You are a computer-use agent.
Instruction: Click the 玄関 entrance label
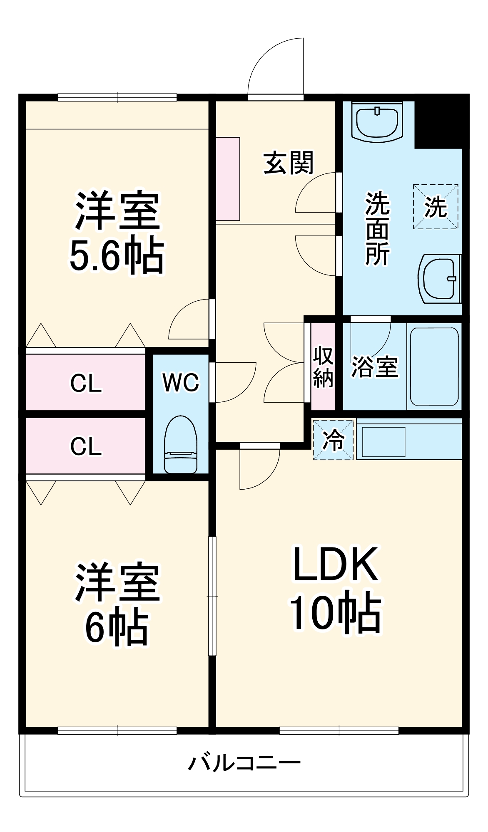(x=288, y=163)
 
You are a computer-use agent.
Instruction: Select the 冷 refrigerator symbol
(x=334, y=440)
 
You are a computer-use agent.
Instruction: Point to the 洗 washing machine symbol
(x=436, y=207)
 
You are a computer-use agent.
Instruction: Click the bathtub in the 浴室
(x=434, y=366)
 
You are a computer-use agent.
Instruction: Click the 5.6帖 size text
(x=117, y=255)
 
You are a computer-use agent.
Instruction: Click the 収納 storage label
(x=323, y=366)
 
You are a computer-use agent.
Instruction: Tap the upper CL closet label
(x=86, y=383)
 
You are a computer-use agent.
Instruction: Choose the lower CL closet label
(x=86, y=446)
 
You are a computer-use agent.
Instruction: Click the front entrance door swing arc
(x=275, y=67)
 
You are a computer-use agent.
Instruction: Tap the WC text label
(x=181, y=382)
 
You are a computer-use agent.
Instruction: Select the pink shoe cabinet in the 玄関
(x=228, y=179)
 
